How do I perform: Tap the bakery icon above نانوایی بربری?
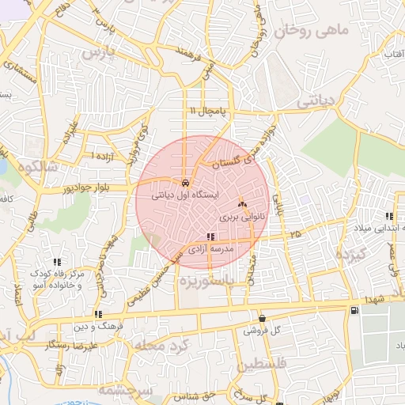pyautogui.click(x=241, y=204)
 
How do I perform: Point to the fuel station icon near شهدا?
pyautogui.click(x=352, y=309)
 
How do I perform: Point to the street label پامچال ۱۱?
pyautogui.click(x=204, y=111)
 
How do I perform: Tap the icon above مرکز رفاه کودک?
pyautogui.click(x=56, y=262)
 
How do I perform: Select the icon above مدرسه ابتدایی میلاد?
pyautogui.click(x=389, y=216)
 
